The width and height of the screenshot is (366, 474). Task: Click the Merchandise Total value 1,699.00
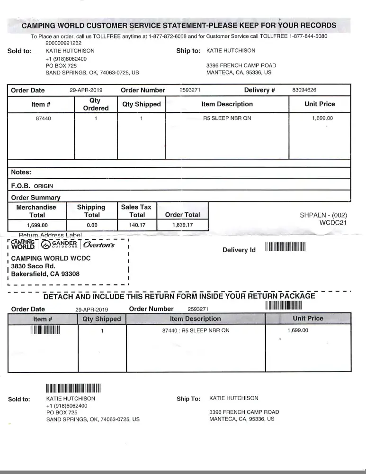[x=37, y=225]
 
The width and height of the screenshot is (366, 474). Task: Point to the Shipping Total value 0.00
[x=91, y=225]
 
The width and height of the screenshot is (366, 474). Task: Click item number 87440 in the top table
[x=44, y=118]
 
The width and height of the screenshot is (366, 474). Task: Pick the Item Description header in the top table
[x=227, y=104]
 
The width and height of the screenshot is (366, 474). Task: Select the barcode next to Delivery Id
[x=286, y=247]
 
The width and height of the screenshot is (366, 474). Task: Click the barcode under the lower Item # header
[x=45, y=330]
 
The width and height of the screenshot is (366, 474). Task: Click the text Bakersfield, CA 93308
[x=45, y=274]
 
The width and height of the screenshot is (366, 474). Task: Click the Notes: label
[x=21, y=173]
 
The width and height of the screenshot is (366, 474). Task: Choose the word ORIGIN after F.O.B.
[x=44, y=186]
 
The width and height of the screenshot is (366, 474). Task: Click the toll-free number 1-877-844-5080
[x=308, y=36]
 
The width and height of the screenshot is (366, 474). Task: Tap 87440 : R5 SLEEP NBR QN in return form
[x=196, y=330]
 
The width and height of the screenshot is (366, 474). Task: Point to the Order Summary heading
[x=36, y=198]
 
